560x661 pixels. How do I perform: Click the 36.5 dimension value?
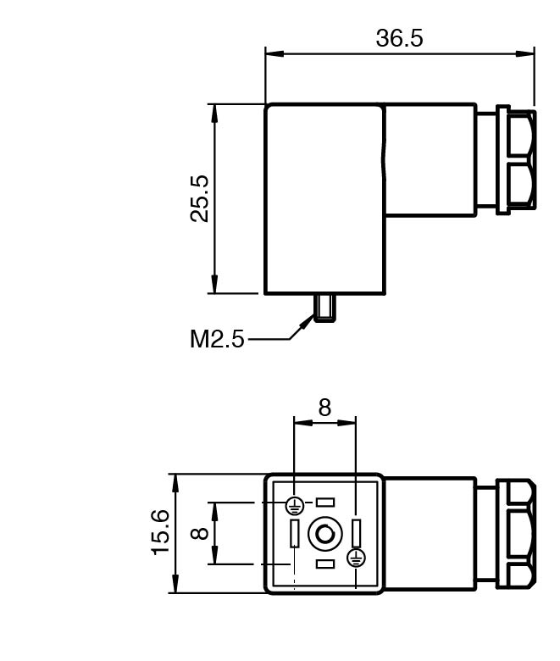[399, 38]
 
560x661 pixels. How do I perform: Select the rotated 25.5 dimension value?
[199, 198]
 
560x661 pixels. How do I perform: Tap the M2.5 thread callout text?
[217, 338]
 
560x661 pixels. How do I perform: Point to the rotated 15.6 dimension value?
[160, 532]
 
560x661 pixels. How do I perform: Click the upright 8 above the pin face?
[324, 408]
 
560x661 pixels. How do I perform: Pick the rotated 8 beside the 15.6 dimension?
[199, 533]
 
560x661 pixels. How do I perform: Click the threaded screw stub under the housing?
[324, 308]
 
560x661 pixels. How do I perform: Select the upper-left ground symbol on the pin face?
[295, 505]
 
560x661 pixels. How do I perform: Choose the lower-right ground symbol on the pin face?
[356, 558]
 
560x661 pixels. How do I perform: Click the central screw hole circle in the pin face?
[324, 534]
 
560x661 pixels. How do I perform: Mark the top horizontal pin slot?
[325, 502]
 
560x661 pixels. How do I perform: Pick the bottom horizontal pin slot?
[325, 564]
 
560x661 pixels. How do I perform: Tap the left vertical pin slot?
[295, 533]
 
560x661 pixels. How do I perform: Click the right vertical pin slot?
[357, 533]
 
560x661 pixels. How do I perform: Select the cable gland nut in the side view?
[516, 160]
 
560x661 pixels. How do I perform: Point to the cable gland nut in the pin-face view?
[516, 533]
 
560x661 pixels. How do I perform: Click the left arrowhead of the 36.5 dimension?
[274, 53]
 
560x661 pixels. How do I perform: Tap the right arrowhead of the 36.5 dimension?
[525, 53]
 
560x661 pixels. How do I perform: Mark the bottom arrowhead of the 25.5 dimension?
[214, 284]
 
